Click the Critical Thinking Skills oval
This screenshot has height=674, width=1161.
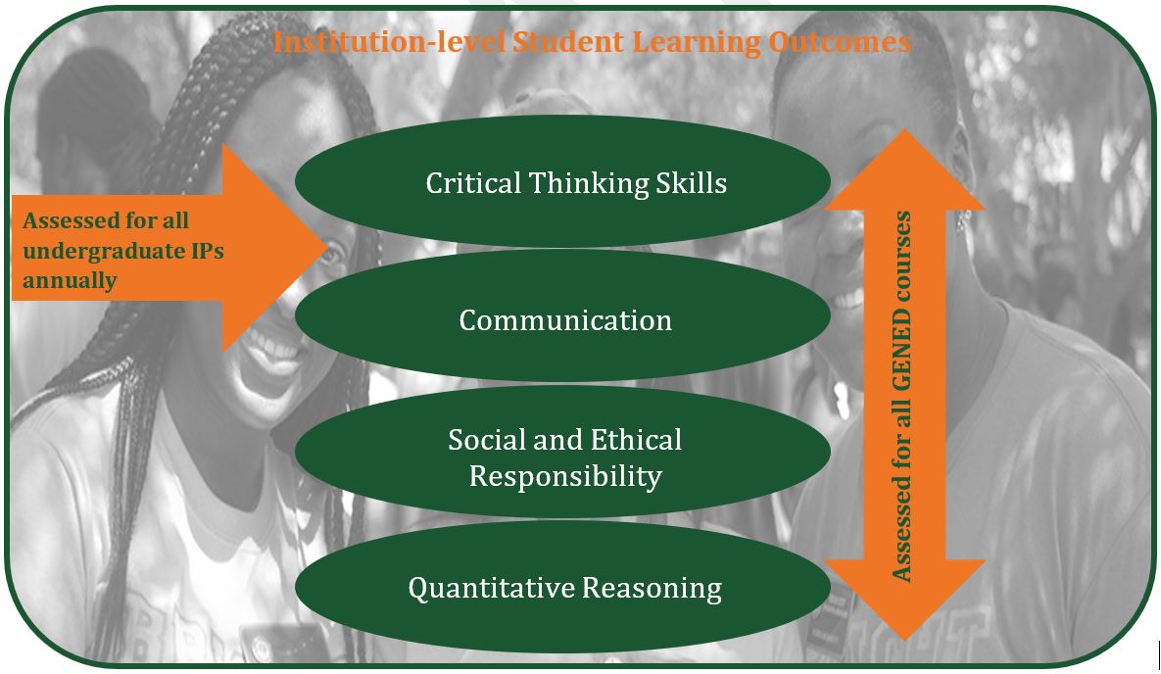tap(562, 181)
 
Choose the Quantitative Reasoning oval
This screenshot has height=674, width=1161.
tap(562, 587)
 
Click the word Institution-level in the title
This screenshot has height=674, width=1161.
tap(389, 41)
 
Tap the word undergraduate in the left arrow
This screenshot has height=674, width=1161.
tap(105, 252)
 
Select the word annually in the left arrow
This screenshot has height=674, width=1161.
tap(70, 281)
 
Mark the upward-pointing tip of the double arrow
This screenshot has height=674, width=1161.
tap(904, 130)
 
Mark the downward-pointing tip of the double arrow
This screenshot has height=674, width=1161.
tap(904, 639)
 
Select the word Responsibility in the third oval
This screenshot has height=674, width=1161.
tap(565, 476)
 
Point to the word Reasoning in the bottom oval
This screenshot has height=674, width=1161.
tap(652, 588)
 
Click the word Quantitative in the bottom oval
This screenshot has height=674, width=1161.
tap(492, 588)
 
